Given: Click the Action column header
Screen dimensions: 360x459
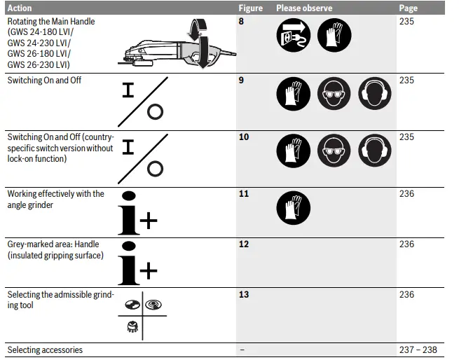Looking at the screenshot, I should click(20, 8).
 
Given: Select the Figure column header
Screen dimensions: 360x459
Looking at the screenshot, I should click(250, 8).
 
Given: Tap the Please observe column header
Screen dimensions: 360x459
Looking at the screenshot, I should click(304, 8).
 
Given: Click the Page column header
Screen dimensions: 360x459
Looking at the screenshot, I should click(408, 8).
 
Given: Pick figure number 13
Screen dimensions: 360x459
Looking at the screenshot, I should click(243, 295).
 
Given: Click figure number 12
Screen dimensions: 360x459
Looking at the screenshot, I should click(243, 244).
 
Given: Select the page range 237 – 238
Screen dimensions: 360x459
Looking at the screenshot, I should click(418, 349).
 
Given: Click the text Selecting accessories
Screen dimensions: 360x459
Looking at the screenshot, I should click(45, 349).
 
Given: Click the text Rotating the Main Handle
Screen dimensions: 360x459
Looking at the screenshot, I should click(51, 22).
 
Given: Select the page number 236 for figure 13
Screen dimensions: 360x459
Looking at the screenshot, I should click(406, 295).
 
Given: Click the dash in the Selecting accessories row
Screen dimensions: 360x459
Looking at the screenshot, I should click(241, 349).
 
